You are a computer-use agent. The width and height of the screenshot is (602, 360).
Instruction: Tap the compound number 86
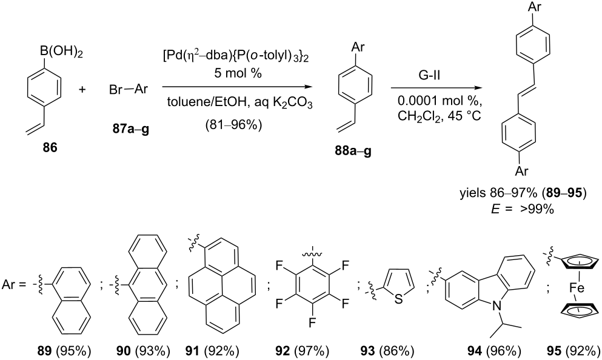point(50,147)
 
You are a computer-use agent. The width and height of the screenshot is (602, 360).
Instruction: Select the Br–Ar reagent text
point(129,90)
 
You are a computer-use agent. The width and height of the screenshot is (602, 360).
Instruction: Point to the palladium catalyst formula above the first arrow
point(236,56)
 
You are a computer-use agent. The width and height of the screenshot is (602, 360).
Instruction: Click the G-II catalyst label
point(429,75)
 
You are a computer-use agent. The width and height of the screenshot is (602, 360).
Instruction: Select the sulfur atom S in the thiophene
point(399,299)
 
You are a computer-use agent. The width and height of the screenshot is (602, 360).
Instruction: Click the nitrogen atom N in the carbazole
point(498,306)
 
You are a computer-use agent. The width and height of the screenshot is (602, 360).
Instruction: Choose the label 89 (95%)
point(67,351)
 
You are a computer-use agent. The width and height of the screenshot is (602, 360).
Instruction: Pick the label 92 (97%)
point(302,351)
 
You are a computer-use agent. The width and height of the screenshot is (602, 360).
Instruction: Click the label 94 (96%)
point(494,351)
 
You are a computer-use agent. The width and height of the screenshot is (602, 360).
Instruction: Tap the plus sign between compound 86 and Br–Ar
point(82,90)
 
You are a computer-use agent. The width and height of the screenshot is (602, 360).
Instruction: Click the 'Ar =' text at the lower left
point(14,285)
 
